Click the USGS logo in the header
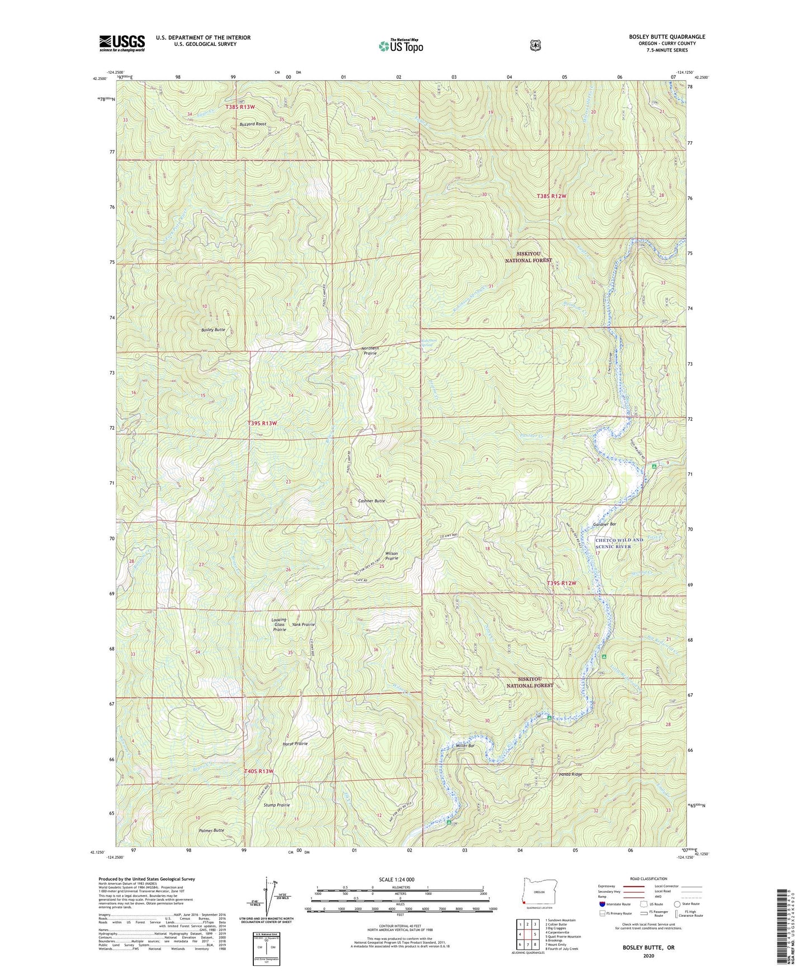(x=122, y=43)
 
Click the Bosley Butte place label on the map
(x=214, y=330)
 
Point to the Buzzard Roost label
(x=249, y=124)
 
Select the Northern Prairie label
(x=369, y=350)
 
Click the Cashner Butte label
(x=371, y=501)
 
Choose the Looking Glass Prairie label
(x=280, y=624)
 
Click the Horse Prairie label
(x=295, y=743)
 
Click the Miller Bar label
(x=465, y=746)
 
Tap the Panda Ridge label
(x=570, y=774)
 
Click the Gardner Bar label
(x=604, y=524)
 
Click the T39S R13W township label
(x=262, y=424)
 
